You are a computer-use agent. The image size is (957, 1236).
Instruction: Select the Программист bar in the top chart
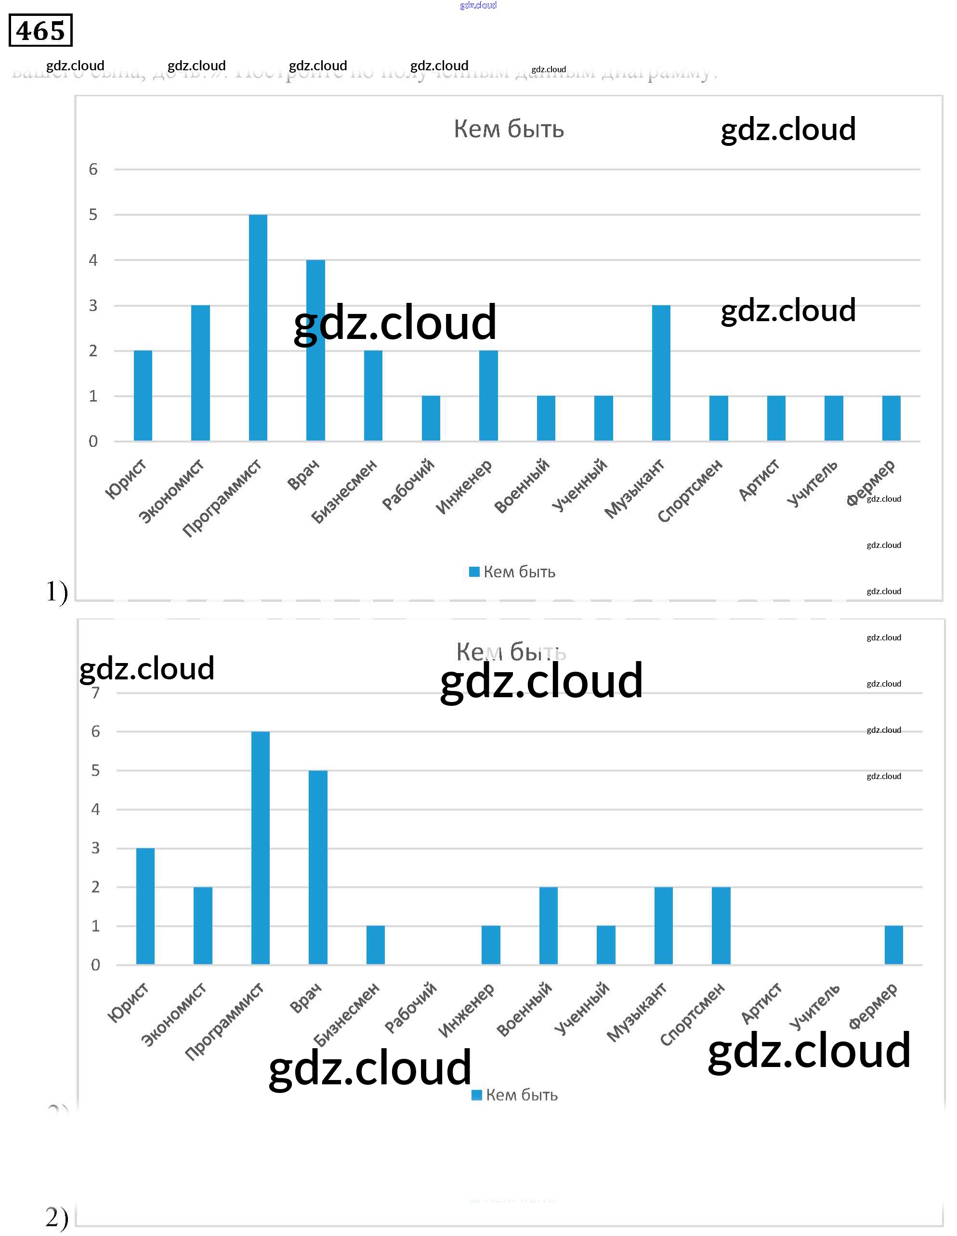258,328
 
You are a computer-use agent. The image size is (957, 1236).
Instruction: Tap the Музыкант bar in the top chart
661,373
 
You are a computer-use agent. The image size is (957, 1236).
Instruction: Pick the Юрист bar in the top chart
143,396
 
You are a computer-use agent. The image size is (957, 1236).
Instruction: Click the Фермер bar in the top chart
891,418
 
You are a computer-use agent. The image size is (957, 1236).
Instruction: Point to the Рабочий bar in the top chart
431,418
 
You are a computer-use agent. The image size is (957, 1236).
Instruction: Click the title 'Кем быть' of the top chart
509,129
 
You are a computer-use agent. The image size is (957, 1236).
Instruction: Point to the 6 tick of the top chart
93,169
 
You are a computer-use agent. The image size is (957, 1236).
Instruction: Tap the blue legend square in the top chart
474,572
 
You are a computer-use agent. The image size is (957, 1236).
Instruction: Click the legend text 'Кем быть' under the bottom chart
522,1095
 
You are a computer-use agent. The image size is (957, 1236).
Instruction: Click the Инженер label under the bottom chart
466,1011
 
